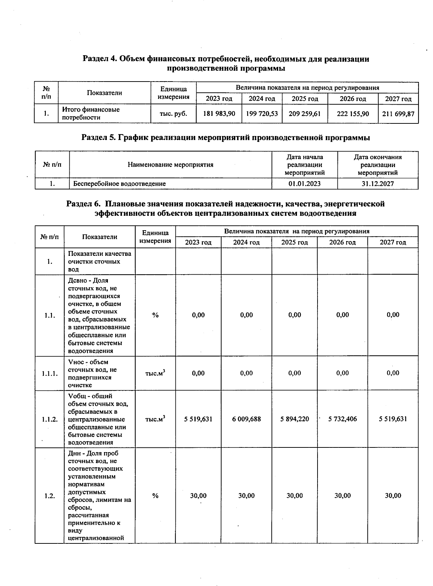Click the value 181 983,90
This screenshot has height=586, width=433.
point(219,114)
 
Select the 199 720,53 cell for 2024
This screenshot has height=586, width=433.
point(262,114)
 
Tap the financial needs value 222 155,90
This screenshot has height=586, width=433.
point(353,114)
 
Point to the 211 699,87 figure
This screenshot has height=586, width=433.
point(398,114)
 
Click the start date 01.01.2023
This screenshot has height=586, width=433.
point(305,184)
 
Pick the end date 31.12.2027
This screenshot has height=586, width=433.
point(378,184)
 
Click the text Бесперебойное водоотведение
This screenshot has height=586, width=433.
point(119,184)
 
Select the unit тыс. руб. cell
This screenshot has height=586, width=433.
point(173,114)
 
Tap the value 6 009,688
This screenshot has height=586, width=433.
point(246,419)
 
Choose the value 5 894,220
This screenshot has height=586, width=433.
point(295,419)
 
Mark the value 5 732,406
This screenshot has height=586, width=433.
point(342,419)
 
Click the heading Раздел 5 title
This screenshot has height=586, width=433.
point(226,137)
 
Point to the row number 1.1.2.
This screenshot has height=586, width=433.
point(49,419)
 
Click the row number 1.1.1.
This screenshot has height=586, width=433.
point(49,373)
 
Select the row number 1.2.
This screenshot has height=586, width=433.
point(49,496)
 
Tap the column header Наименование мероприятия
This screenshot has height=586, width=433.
point(170,165)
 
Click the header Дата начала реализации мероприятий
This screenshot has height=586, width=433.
point(305,165)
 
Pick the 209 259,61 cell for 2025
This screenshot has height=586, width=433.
point(305,114)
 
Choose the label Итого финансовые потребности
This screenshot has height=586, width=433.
point(91,113)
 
